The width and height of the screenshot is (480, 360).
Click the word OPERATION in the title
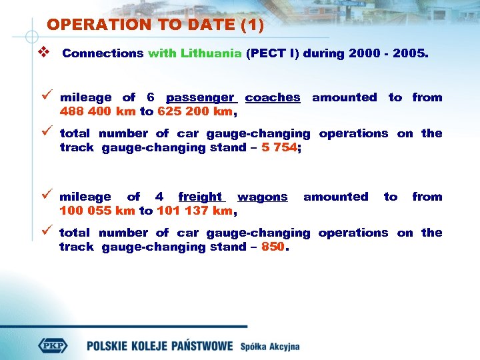[88, 25]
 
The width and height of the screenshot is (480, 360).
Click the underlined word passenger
[200, 97]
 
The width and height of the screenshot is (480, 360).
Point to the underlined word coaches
[273, 97]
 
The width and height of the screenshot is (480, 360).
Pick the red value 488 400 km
[97, 111]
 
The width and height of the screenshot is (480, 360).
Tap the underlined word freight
[201, 197]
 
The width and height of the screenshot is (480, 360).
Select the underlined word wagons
[263, 197]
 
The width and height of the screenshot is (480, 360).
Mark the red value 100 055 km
[97, 211]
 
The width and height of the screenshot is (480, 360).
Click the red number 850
[273, 247]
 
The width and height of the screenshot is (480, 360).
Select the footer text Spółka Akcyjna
[270, 347]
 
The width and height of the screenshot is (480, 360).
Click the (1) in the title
[252, 25]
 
